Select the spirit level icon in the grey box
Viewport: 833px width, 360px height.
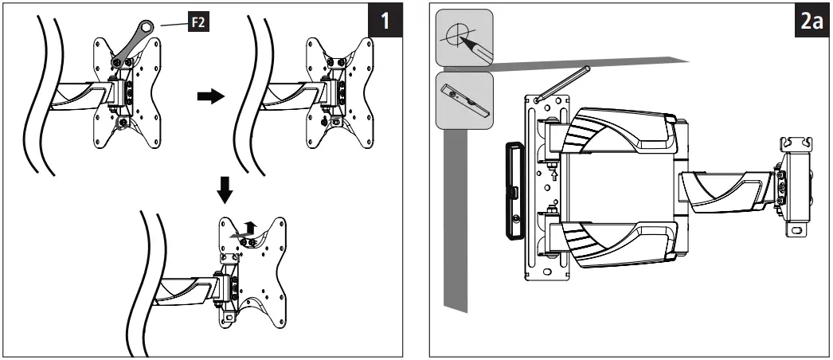point(463,98)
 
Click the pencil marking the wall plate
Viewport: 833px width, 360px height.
point(562,84)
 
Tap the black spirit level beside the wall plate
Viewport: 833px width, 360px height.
point(511,190)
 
